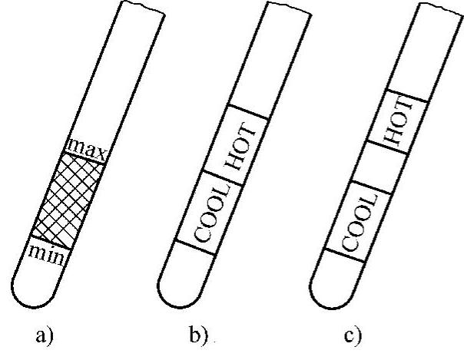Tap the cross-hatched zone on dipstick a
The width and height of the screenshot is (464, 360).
[68, 195]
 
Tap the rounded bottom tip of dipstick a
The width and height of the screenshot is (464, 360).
[29, 288]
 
